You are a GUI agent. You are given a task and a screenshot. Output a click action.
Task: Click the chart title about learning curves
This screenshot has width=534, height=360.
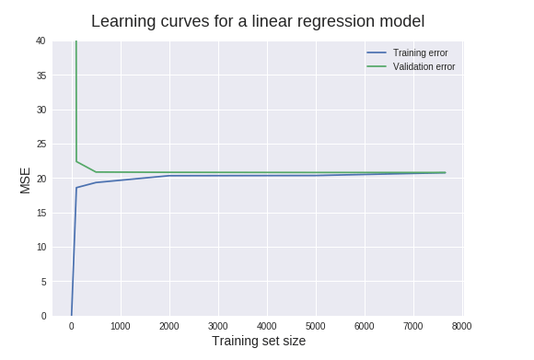point(258,21)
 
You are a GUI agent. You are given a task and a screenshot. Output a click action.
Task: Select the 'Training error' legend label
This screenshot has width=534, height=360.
point(420,52)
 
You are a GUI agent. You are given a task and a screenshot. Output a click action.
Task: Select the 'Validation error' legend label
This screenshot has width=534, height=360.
point(424,66)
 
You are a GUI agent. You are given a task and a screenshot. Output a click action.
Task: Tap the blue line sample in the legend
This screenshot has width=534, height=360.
point(376,52)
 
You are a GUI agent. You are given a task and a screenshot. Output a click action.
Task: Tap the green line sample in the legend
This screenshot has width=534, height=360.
point(376,66)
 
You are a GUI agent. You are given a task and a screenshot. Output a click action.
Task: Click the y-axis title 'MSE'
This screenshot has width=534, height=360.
point(26,180)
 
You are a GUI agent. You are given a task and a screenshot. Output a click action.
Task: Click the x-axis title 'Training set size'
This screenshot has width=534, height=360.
point(259,341)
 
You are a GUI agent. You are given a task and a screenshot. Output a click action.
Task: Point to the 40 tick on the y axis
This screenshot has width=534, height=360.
point(40,41)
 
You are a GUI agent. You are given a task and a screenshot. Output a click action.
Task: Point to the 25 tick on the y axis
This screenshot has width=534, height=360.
point(40,144)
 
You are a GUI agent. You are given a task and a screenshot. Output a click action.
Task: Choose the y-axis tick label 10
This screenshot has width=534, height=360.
point(40,247)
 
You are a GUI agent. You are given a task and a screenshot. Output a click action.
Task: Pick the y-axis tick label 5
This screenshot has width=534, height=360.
point(42,282)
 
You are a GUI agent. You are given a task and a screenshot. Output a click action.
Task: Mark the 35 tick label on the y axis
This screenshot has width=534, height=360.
point(40,75)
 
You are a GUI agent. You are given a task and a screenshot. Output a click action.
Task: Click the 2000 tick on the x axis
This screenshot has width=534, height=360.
point(169,326)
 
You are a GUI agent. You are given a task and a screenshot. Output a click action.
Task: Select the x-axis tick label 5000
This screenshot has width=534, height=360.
point(316,326)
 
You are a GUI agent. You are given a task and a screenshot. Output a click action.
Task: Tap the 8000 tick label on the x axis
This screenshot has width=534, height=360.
point(462,326)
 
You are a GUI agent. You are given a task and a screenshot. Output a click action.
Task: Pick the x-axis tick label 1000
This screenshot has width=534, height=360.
point(121,326)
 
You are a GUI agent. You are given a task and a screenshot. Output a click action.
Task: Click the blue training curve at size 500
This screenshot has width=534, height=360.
point(96,182)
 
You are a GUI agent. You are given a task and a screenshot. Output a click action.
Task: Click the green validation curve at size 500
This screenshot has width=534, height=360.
point(96,172)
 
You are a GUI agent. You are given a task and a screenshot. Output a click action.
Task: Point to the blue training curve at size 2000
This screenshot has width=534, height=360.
point(169,176)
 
